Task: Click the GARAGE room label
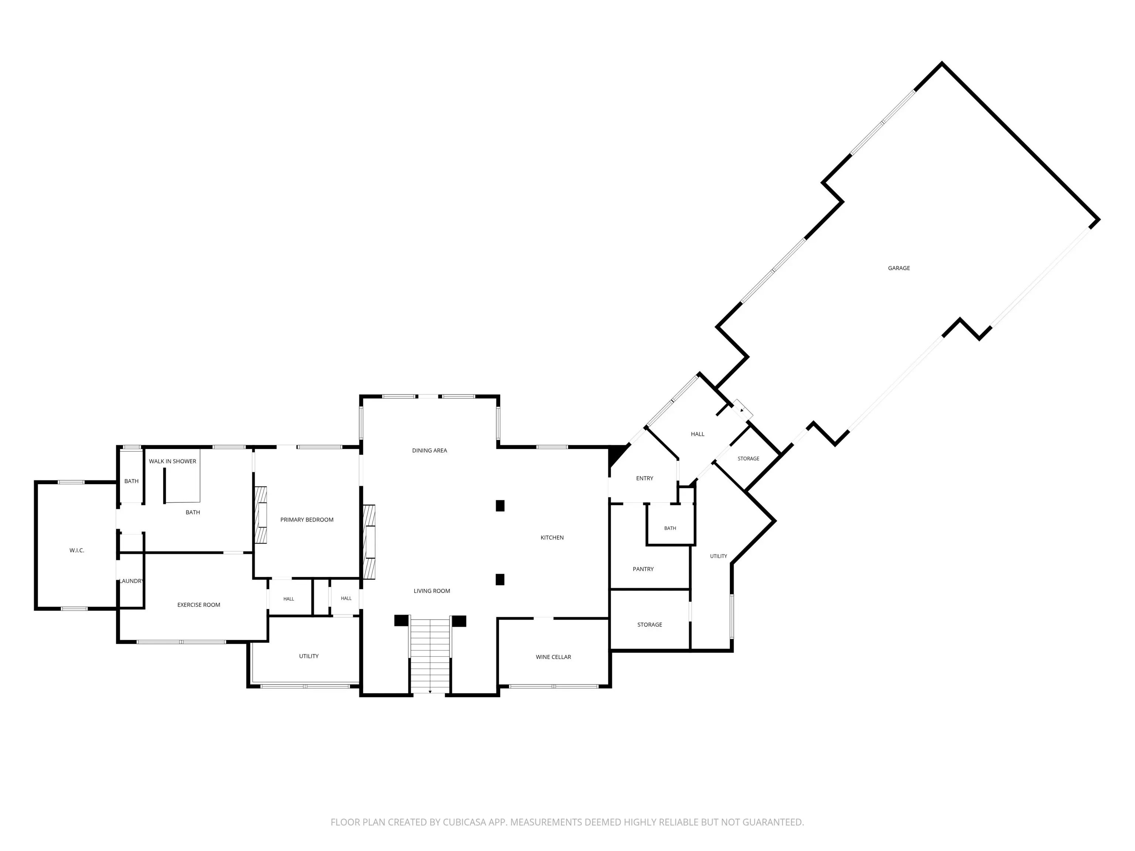(x=899, y=268)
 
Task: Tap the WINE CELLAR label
(x=553, y=657)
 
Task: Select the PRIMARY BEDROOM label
(x=307, y=520)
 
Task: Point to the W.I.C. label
(x=77, y=550)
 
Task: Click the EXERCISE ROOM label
(x=198, y=605)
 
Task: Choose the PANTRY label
(x=643, y=569)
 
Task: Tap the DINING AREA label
(x=429, y=450)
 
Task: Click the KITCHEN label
(x=552, y=537)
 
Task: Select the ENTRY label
(x=644, y=478)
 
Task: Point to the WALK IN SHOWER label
(x=173, y=461)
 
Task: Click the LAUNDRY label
(x=132, y=581)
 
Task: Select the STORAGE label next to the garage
(x=748, y=459)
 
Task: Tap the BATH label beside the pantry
(x=670, y=528)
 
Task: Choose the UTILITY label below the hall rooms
(x=309, y=656)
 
